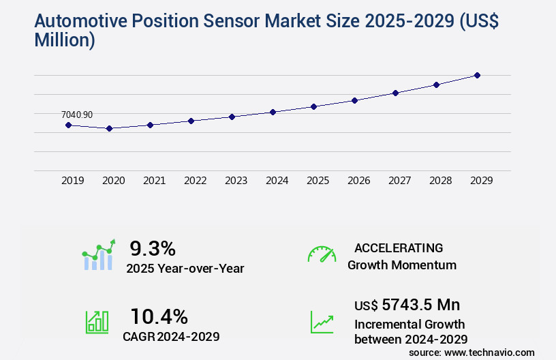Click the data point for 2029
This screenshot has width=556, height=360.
(x=477, y=75)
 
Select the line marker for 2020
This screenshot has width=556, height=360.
(x=109, y=128)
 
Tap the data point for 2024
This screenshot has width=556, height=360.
(x=273, y=112)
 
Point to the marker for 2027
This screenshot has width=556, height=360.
(x=395, y=93)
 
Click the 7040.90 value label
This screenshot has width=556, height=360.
(x=77, y=115)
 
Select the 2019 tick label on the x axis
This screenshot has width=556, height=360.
(x=73, y=181)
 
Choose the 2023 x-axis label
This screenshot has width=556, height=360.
(x=236, y=181)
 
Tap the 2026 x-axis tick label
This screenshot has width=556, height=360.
(x=359, y=181)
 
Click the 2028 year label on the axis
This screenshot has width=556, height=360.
(x=441, y=181)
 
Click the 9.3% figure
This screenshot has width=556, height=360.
(x=153, y=248)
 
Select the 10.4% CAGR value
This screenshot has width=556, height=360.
(x=159, y=316)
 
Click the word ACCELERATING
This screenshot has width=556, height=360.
(x=399, y=248)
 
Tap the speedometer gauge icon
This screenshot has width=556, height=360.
(x=322, y=254)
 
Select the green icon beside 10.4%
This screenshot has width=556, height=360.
(x=96, y=322)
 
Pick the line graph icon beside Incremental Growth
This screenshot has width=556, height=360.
(x=322, y=322)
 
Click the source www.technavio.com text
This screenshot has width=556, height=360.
(x=472, y=352)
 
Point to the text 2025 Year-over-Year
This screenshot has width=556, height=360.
(x=185, y=269)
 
